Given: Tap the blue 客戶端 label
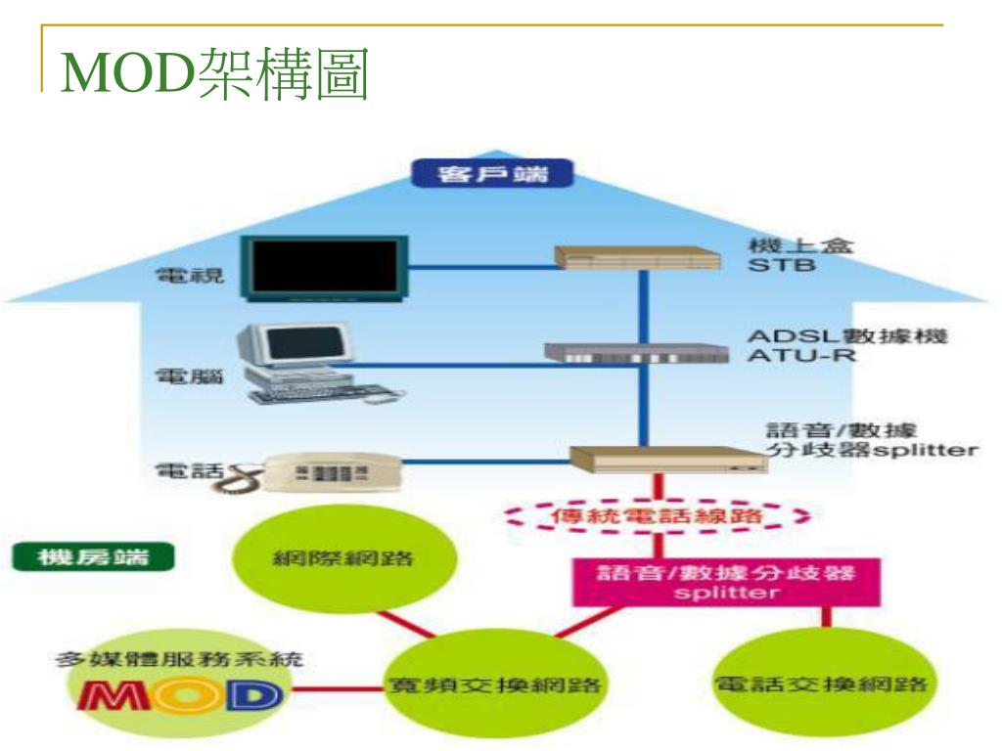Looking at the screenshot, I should [492, 176].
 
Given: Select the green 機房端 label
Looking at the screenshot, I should [92, 558].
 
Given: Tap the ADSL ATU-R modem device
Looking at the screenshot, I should [641, 353].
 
